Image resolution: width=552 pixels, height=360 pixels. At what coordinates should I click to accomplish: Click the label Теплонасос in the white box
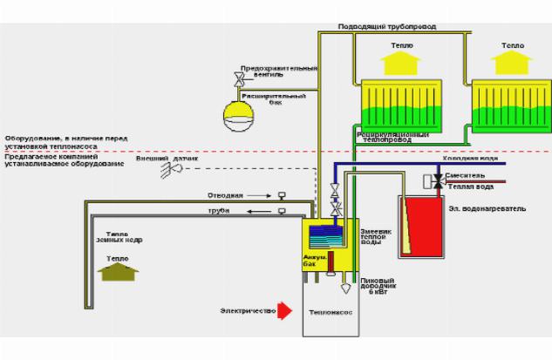(331, 311)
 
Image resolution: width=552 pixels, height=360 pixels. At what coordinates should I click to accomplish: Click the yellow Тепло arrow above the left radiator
(400, 62)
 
